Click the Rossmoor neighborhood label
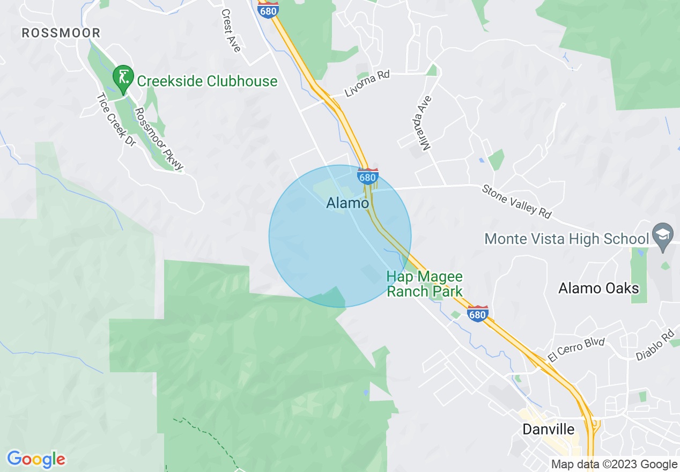pyautogui.click(x=61, y=33)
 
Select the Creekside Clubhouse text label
pyautogui.click(x=207, y=82)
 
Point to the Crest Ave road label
pyautogui.click(x=231, y=31)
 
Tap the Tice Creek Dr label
pyautogui.click(x=116, y=121)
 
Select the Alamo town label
pyautogui.click(x=348, y=203)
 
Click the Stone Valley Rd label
pyautogui.click(x=516, y=201)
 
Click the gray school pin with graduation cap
pyautogui.click(x=663, y=235)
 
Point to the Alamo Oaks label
pyautogui.click(x=598, y=289)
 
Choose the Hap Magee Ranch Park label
pyautogui.click(x=425, y=284)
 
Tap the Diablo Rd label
pyautogui.click(x=654, y=344)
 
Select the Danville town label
pyautogui.click(x=549, y=430)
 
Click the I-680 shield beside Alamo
pyautogui.click(x=367, y=176)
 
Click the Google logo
pyautogui.click(x=36, y=460)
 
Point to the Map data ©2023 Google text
pyautogui.click(x=615, y=464)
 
